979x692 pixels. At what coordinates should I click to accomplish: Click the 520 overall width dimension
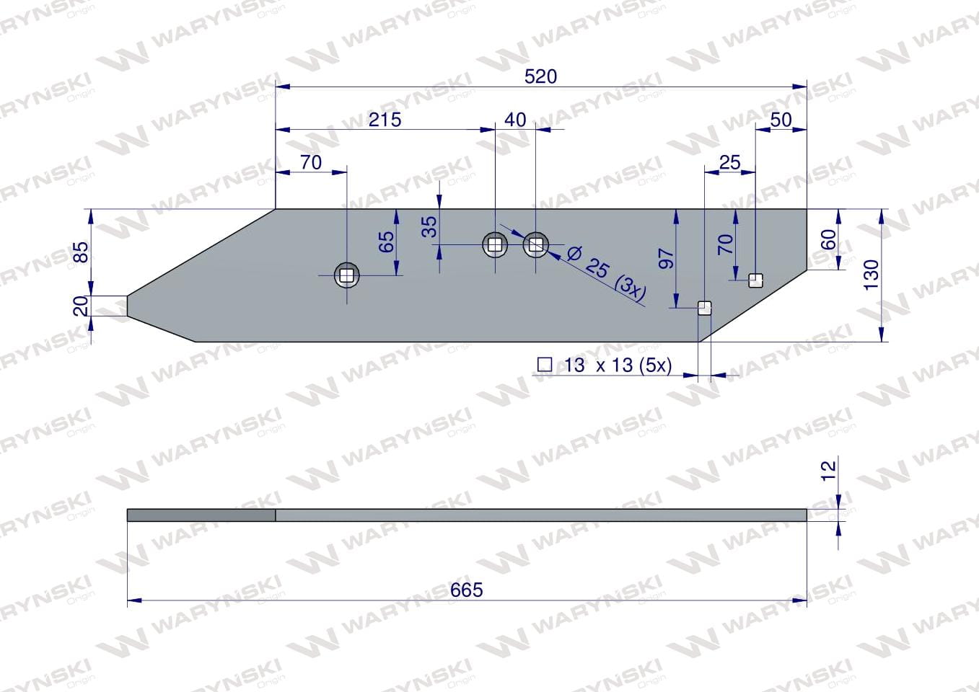pyautogui.click(x=540, y=77)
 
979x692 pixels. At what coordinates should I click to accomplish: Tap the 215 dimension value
pyautogui.click(x=385, y=120)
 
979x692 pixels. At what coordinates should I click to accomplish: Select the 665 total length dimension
pyautogui.click(x=467, y=590)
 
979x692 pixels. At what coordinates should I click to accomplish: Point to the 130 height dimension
pyautogui.click(x=872, y=274)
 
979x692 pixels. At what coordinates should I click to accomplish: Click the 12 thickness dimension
pyautogui.click(x=829, y=471)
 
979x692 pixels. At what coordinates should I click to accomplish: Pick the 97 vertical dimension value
pyautogui.click(x=666, y=259)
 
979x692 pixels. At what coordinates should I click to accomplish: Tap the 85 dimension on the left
pyautogui.click(x=82, y=252)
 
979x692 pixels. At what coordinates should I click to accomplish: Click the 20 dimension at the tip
pyautogui.click(x=82, y=306)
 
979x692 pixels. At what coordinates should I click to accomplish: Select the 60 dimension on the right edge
pyautogui.click(x=829, y=240)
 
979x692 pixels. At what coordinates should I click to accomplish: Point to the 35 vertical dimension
pyautogui.click(x=430, y=226)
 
